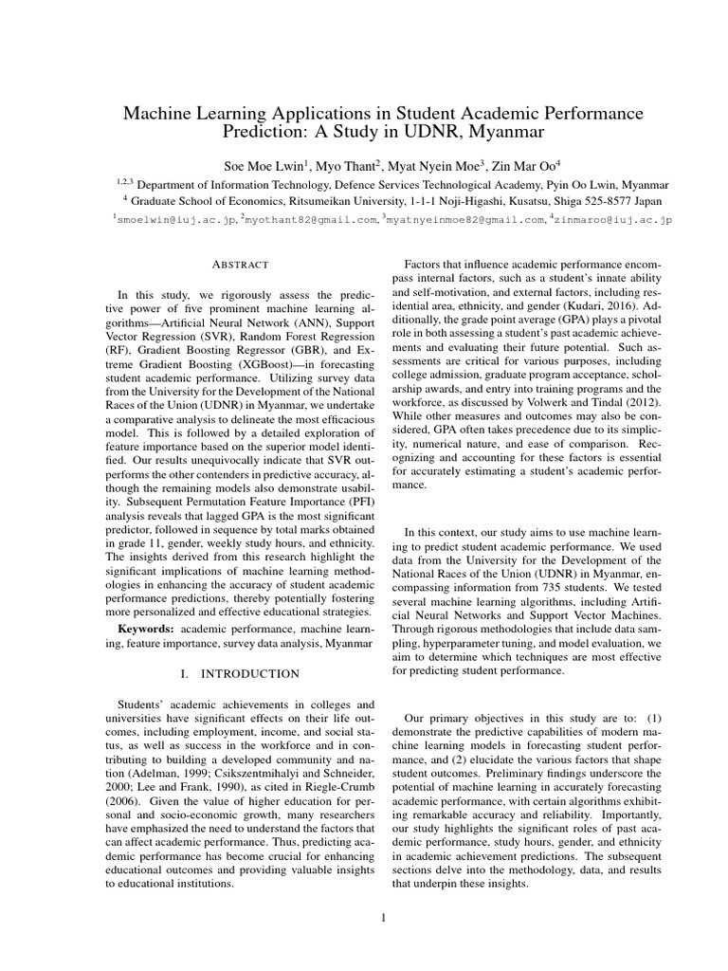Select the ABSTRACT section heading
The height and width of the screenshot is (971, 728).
point(243,265)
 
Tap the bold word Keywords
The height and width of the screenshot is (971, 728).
point(147,629)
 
